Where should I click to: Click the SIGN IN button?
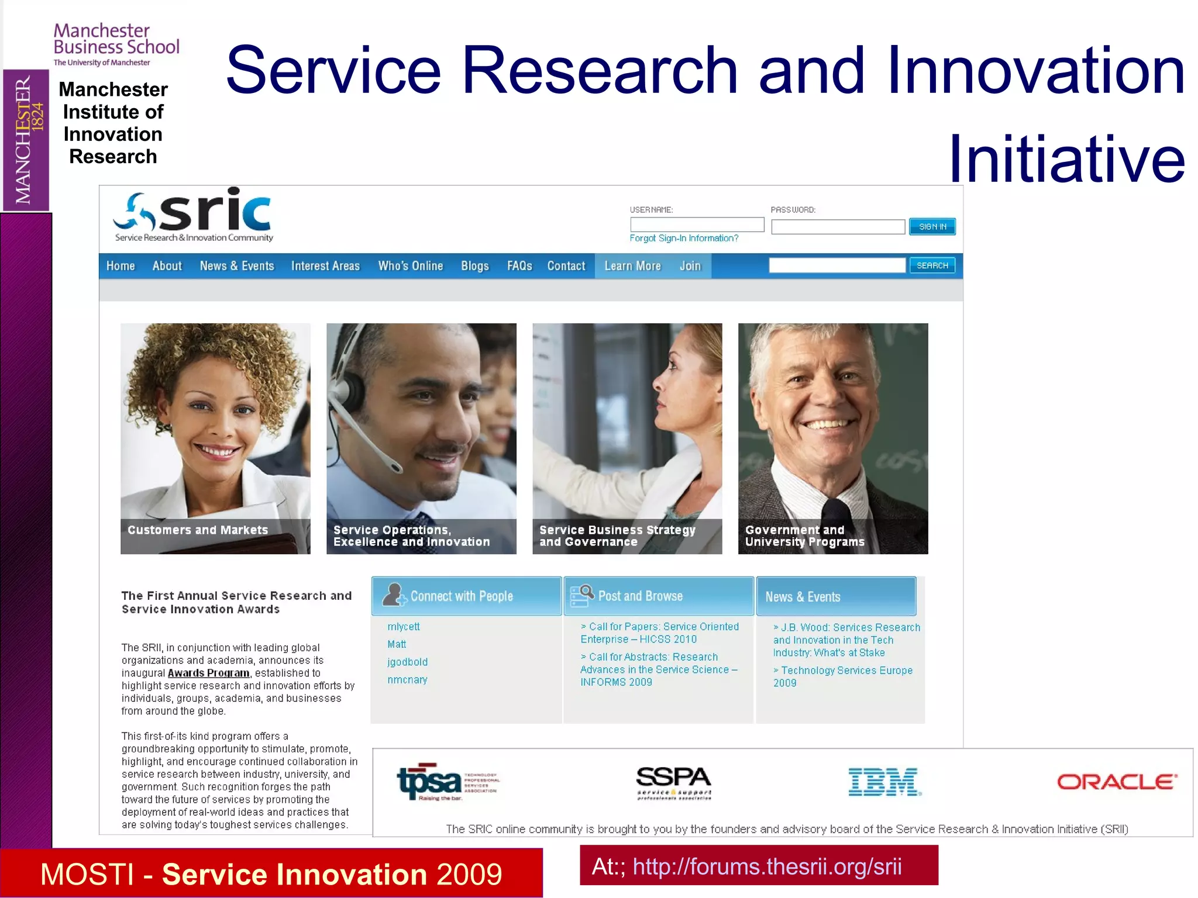pyautogui.click(x=932, y=227)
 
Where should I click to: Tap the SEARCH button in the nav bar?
pyautogui.click(x=932, y=265)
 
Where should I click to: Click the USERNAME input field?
pyautogui.click(x=697, y=224)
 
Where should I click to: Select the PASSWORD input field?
pyautogui.click(x=838, y=227)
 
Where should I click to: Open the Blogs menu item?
pyautogui.click(x=474, y=266)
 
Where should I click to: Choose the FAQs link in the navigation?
pyautogui.click(x=519, y=266)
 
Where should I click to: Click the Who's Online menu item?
pyautogui.click(x=410, y=266)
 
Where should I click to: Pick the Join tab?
pyautogui.click(x=690, y=266)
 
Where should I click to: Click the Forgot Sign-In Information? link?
pyautogui.click(x=684, y=239)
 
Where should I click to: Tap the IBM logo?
pyautogui.click(x=884, y=782)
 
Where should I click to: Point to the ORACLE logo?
pyautogui.click(x=1117, y=782)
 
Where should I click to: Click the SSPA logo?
pyautogui.click(x=674, y=782)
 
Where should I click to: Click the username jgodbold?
pyautogui.click(x=407, y=662)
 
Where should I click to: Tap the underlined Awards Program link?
pyautogui.click(x=208, y=673)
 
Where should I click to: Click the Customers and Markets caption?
pyautogui.click(x=198, y=530)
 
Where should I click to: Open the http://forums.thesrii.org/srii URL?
pyautogui.click(x=767, y=866)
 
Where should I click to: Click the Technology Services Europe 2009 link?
pyautogui.click(x=842, y=676)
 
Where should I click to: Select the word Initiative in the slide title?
pyautogui.click(x=1066, y=159)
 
